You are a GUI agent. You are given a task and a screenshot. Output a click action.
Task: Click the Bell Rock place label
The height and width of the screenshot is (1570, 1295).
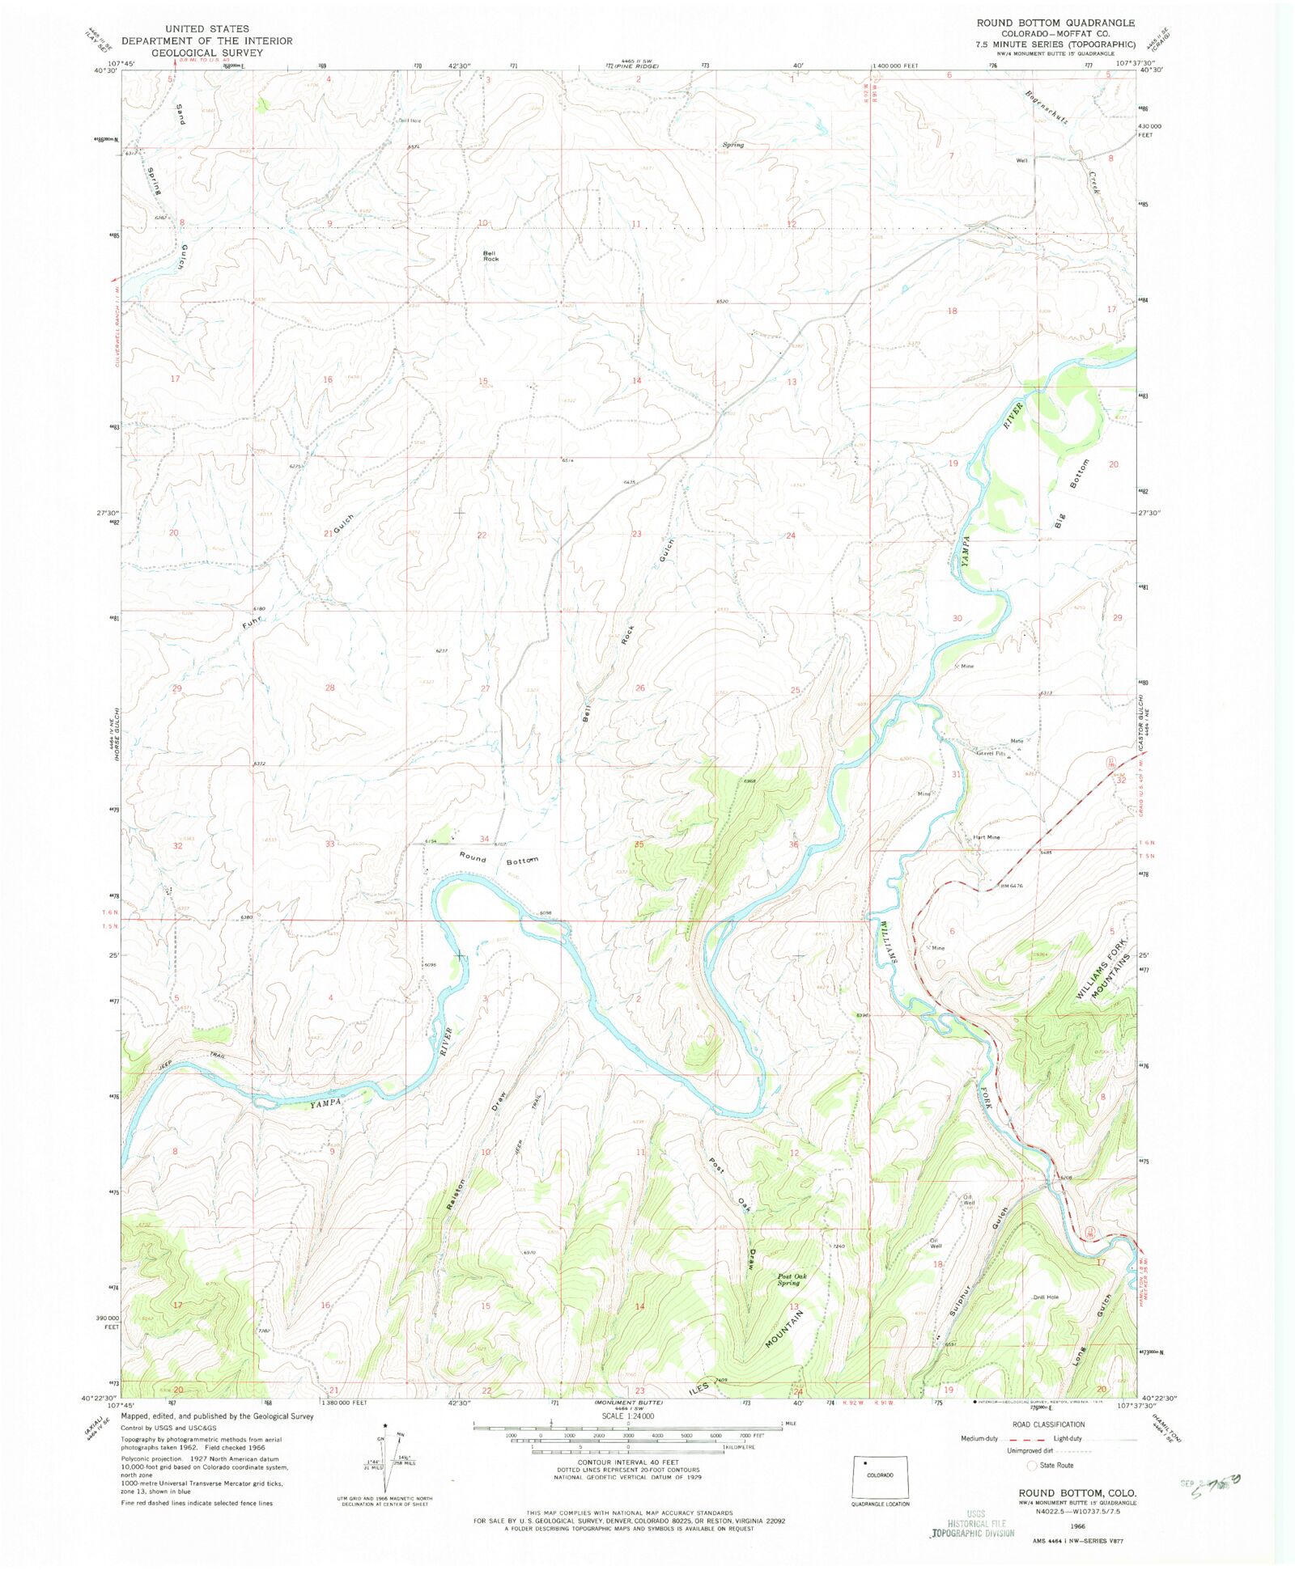[x=490, y=256]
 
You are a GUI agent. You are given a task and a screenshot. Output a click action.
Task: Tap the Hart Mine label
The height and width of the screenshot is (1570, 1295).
[x=986, y=837]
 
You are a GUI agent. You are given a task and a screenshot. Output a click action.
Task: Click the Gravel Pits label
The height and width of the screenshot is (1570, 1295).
[x=990, y=753]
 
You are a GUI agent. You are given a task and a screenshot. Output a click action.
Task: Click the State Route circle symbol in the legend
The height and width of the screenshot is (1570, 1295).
[x=1031, y=1465]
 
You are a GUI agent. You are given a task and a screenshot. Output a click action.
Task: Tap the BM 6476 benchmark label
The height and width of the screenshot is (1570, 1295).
[x=1012, y=886]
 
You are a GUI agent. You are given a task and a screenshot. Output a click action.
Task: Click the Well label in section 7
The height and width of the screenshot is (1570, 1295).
[x=1021, y=160]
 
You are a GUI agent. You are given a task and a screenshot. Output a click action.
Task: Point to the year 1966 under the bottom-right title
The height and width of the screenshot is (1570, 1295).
[x=1077, y=1525]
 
